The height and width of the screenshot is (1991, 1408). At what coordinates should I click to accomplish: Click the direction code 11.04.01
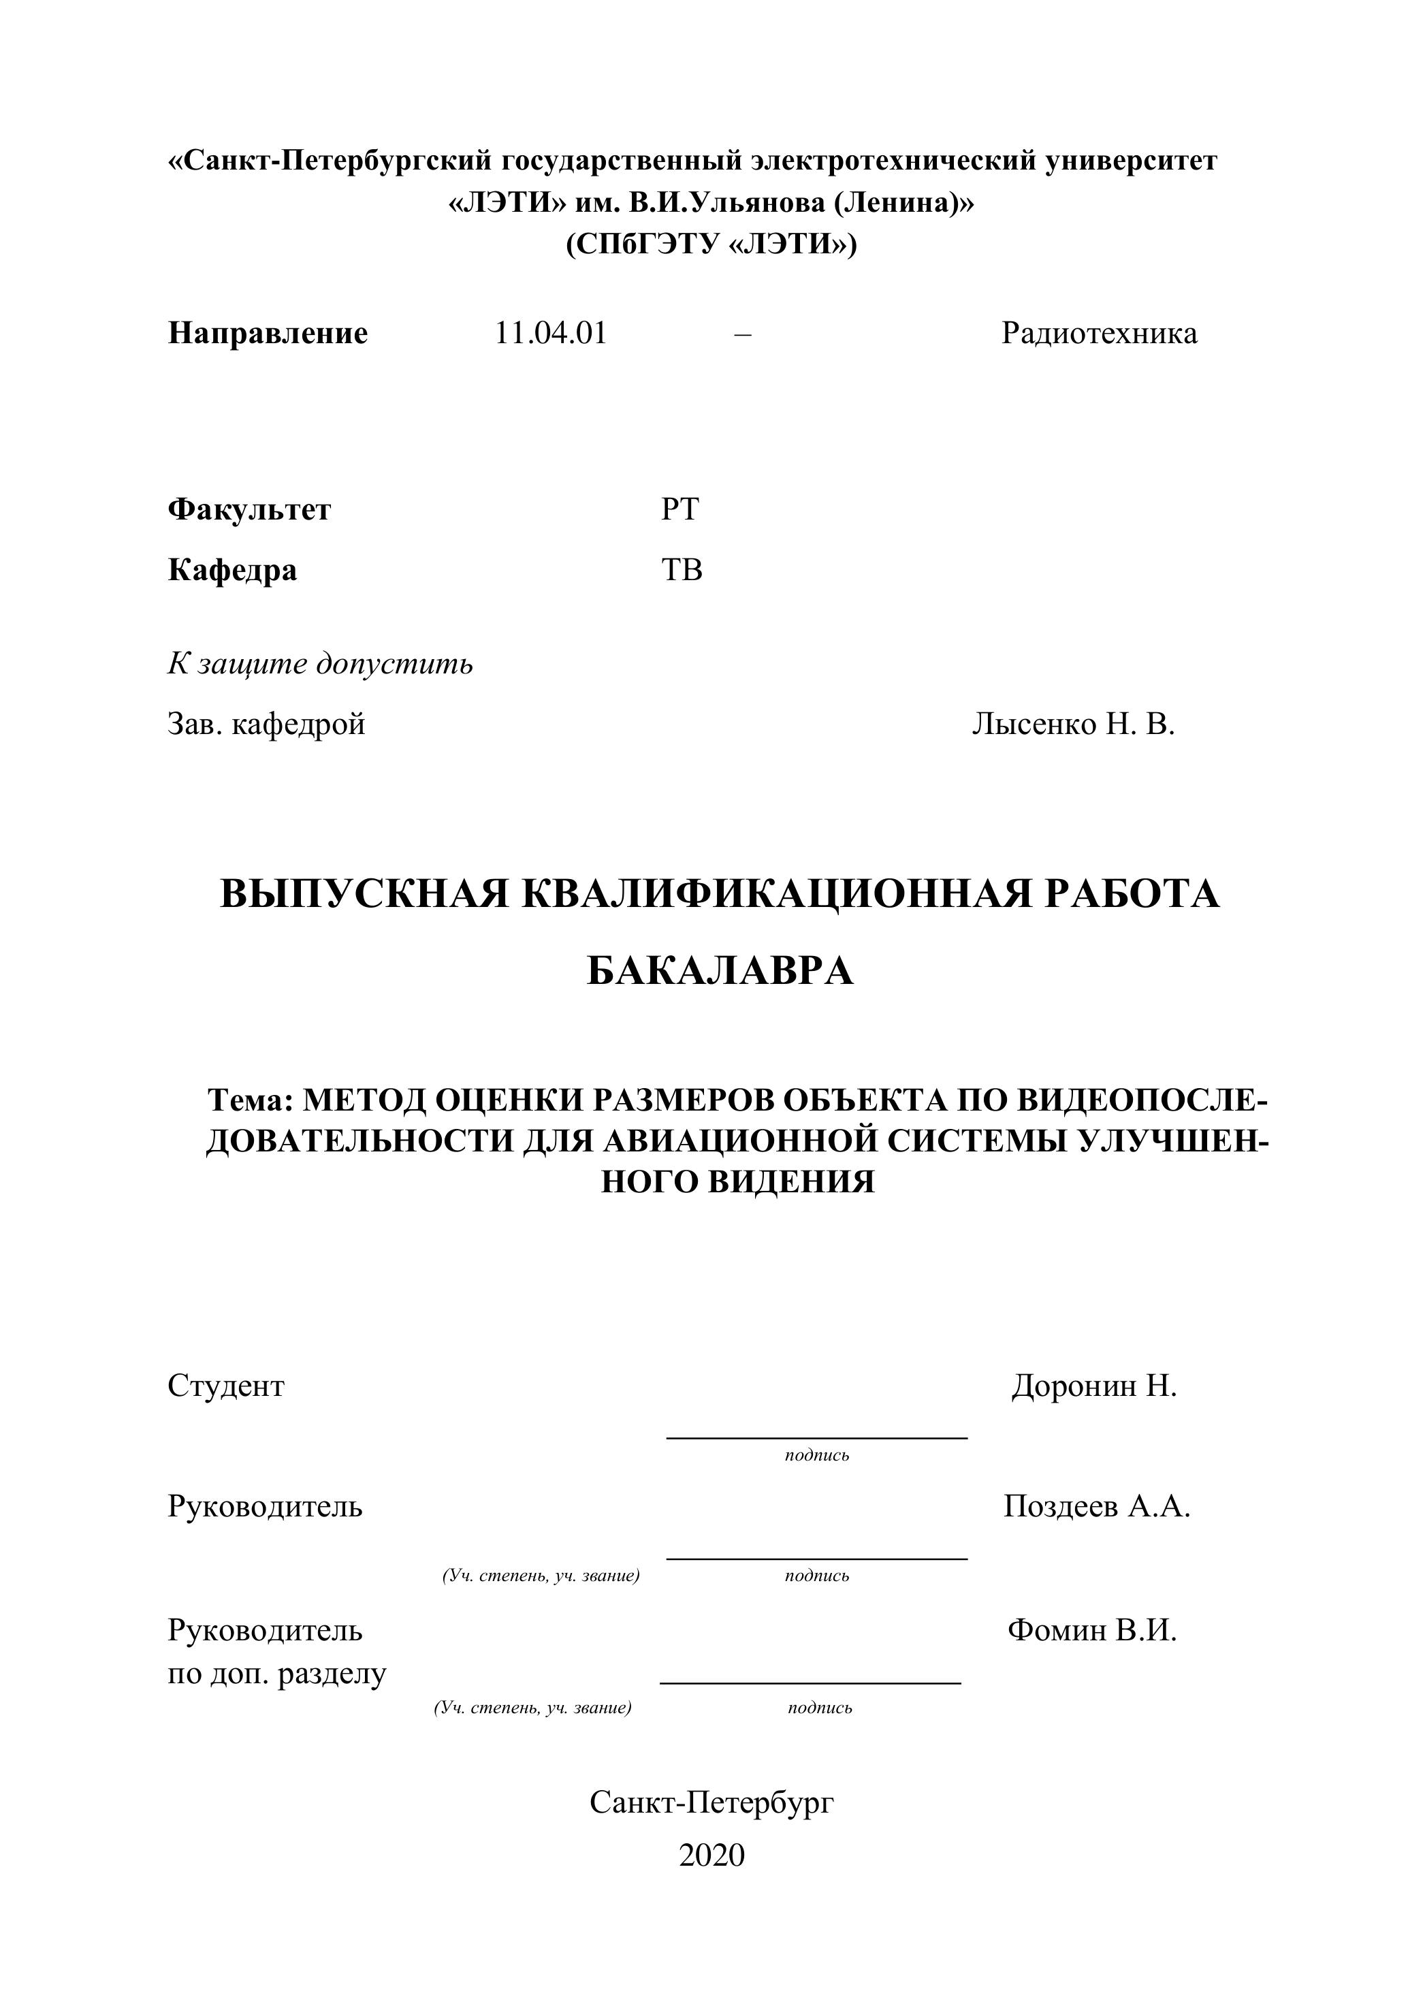(x=551, y=333)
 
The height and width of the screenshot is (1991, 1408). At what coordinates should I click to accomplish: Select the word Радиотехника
(x=1100, y=333)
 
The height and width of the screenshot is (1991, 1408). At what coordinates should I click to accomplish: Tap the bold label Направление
(x=268, y=333)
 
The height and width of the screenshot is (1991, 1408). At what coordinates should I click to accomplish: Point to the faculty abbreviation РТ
(x=679, y=509)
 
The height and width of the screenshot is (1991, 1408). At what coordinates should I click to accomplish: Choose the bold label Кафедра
(x=232, y=570)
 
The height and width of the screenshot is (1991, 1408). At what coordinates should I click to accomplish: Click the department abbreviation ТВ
(x=682, y=570)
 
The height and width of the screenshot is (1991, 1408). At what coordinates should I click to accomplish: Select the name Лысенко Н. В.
(x=1073, y=723)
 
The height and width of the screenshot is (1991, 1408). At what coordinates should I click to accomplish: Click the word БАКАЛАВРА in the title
(x=720, y=971)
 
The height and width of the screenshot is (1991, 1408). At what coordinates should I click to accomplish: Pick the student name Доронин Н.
(x=1094, y=1386)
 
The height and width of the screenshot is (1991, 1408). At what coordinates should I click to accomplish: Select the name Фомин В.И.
(x=1092, y=1630)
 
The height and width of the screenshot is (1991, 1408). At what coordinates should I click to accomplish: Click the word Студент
(x=225, y=1386)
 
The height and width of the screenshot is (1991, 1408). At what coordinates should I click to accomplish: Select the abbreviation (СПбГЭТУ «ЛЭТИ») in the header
(x=711, y=244)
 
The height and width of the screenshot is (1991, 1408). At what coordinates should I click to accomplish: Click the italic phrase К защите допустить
(x=320, y=665)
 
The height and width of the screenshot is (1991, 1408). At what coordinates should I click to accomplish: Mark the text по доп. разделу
(x=276, y=1674)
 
